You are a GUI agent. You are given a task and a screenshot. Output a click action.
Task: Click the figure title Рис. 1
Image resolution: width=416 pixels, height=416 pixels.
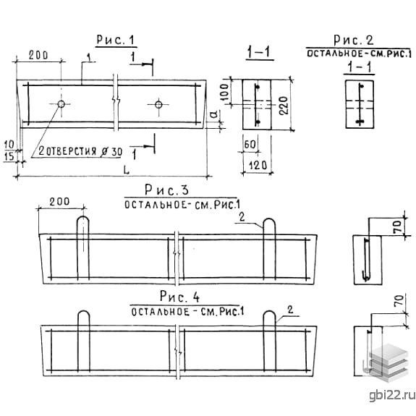(116, 40)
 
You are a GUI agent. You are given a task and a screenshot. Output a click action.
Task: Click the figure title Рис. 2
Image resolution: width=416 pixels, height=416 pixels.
(353, 40)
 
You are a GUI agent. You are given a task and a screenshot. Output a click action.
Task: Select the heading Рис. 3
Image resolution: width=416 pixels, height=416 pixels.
(166, 190)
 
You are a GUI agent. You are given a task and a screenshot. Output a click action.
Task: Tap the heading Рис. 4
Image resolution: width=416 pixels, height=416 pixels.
(179, 297)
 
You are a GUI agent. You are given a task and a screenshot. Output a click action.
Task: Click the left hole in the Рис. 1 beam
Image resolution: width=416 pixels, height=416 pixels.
(61, 104)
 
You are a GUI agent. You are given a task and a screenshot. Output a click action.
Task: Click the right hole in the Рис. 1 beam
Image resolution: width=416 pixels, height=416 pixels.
(158, 104)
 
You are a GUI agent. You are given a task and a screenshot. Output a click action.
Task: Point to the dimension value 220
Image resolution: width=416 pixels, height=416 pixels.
(284, 106)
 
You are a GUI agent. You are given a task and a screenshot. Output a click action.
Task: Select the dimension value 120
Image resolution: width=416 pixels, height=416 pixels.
(258, 166)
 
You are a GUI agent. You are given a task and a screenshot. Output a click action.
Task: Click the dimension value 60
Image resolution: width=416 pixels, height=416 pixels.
(250, 145)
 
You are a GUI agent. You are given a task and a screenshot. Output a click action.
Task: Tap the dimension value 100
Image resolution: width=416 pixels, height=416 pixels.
(224, 92)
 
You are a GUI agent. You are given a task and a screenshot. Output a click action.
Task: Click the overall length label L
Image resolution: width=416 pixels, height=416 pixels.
(127, 170)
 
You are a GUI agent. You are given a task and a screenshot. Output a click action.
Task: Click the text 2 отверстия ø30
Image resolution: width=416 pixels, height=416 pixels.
(80, 151)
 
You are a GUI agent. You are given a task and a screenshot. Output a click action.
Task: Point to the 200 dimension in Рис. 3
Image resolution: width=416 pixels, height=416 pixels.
(60, 202)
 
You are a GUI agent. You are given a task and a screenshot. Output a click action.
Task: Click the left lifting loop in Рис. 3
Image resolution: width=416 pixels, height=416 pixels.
(83, 248)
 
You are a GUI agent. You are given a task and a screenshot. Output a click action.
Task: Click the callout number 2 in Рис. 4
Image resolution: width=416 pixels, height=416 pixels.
(290, 310)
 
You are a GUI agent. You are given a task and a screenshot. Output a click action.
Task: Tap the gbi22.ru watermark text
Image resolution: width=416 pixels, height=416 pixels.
(392, 395)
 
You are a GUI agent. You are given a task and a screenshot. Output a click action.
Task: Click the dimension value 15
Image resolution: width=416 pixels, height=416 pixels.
(9, 156)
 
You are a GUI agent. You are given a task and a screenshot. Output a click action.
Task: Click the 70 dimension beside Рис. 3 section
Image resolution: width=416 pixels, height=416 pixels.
(398, 227)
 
